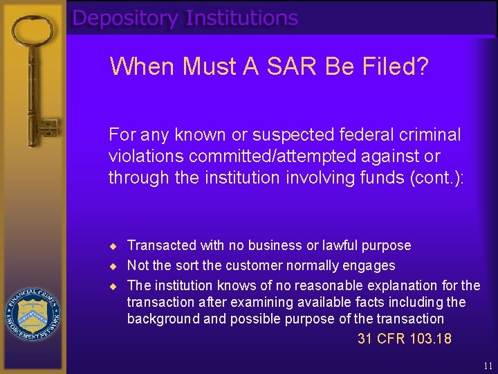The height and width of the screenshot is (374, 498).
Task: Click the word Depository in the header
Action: point(124,18)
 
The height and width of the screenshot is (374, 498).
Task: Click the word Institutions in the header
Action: point(241,18)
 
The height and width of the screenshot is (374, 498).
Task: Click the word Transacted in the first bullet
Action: point(162,246)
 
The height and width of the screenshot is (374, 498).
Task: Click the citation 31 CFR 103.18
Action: point(404,339)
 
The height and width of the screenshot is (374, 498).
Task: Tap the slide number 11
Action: point(488,366)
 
